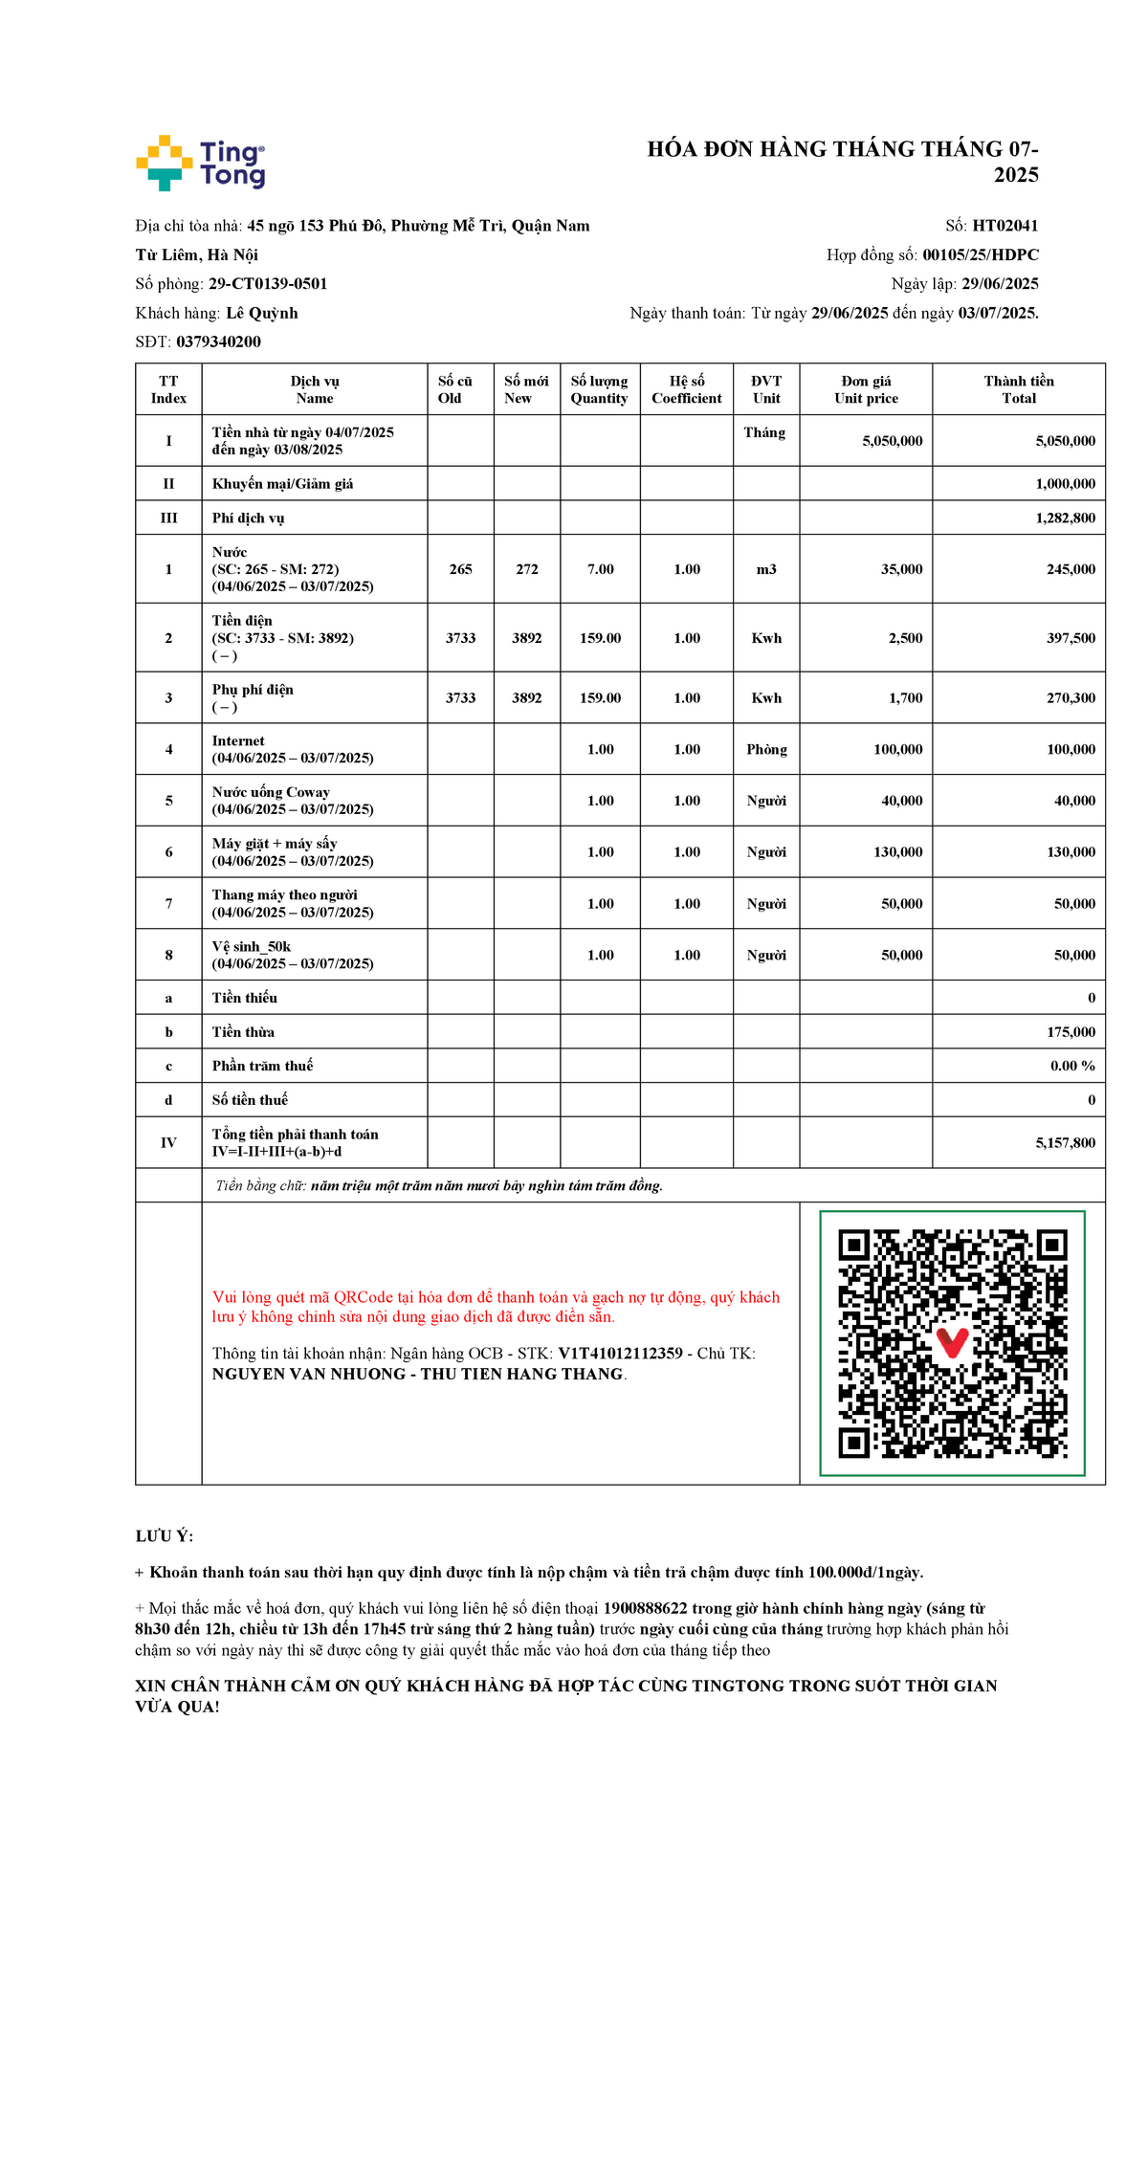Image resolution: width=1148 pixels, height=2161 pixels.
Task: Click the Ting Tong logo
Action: point(201,163)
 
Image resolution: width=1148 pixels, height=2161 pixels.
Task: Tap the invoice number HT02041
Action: point(1004,226)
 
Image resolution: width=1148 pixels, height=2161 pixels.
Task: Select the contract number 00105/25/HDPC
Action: point(980,254)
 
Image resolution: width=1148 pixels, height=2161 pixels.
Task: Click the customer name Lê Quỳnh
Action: point(262,313)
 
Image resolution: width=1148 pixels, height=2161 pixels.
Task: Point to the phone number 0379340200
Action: point(218,342)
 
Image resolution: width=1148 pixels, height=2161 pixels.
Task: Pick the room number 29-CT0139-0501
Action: point(268,284)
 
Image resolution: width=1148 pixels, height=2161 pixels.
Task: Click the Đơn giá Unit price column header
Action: point(866,389)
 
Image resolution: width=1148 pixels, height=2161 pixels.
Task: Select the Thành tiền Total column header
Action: point(1018,389)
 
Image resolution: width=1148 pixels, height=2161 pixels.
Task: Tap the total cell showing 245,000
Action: point(1071,569)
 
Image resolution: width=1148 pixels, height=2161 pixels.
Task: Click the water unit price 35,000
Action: point(901,569)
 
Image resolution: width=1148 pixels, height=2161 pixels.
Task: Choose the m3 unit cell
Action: point(766,569)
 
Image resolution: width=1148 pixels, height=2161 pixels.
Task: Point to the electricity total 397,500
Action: point(1071,638)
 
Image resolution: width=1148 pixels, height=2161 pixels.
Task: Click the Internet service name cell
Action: point(292,749)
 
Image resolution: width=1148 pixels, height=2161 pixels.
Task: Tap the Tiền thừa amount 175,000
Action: point(1071,1032)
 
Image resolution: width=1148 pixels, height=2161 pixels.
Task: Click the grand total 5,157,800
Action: point(1065,1143)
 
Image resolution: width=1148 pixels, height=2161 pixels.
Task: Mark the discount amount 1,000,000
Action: point(1065,484)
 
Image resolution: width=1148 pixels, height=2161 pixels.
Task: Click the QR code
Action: point(952,1343)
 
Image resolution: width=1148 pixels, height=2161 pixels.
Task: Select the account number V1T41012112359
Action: point(620,1354)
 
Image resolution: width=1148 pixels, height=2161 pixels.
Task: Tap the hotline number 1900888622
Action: point(645,1609)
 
